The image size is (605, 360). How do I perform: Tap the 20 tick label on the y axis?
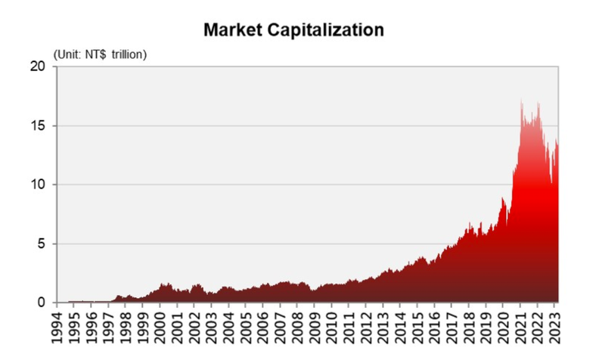[39, 67]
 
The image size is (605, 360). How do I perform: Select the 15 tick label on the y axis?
[39, 126]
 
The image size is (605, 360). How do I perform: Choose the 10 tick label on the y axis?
[39, 185]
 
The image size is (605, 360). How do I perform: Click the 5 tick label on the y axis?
[42, 244]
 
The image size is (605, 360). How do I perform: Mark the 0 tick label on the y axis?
[42, 303]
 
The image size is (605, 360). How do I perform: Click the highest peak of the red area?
[521, 99]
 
